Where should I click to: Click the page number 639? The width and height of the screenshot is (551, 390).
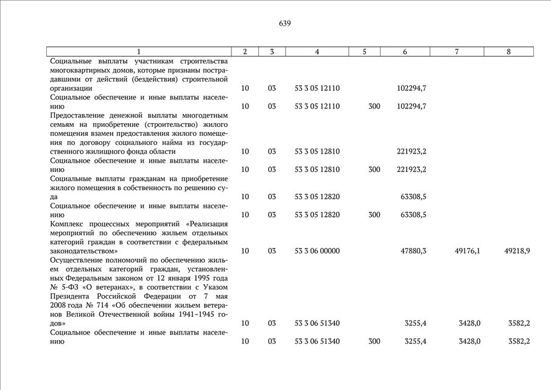pos(285,24)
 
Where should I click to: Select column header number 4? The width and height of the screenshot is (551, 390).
pos(317,52)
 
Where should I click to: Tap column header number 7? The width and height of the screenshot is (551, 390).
pos(457,52)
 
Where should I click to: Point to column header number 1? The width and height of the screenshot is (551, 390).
pos(139,52)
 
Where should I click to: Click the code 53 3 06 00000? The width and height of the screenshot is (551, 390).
pos(317,251)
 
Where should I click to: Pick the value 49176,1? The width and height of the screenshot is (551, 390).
pos(467,251)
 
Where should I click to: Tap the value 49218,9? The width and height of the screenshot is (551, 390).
pos(517,251)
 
